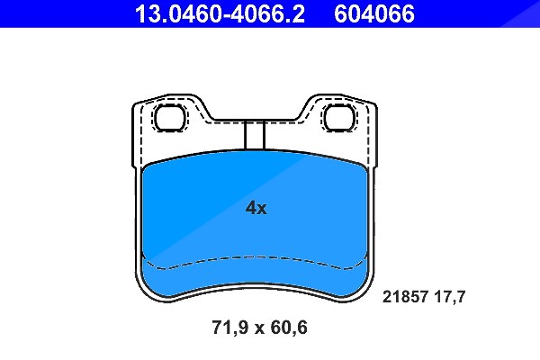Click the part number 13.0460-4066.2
coord(220,13)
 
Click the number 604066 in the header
coord(374,13)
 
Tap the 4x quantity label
coord(256,208)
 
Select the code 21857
coord(405,297)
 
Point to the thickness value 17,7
coord(449,297)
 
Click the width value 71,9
coord(229,328)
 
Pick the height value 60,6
coord(289,328)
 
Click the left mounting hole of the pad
coord(170,118)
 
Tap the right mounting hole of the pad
coord(339,118)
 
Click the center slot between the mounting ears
coord(255,135)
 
